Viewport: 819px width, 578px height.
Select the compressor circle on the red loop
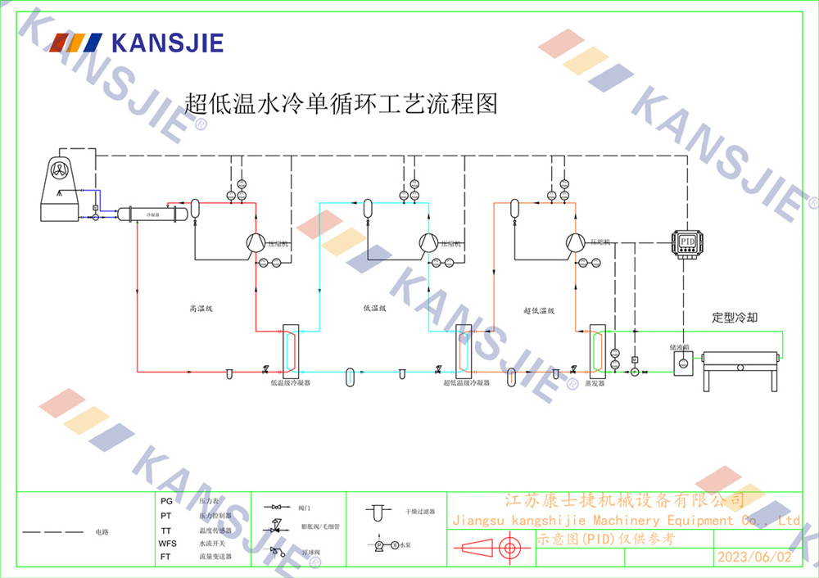pos(256,242)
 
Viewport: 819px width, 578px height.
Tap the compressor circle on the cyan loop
pos(428,242)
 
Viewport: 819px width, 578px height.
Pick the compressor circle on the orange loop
pos(575,242)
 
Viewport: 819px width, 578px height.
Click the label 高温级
pos(201,309)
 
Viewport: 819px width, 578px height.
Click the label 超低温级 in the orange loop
pos(539,310)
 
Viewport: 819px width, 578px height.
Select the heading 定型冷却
pos(735,317)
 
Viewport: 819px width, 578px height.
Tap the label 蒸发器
pos(595,382)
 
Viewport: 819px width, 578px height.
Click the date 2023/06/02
pos(754,557)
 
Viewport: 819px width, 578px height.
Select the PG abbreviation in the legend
pos(166,500)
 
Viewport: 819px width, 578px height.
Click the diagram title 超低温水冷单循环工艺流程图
pos(342,104)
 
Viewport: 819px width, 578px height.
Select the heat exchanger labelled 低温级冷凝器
pos(291,349)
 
